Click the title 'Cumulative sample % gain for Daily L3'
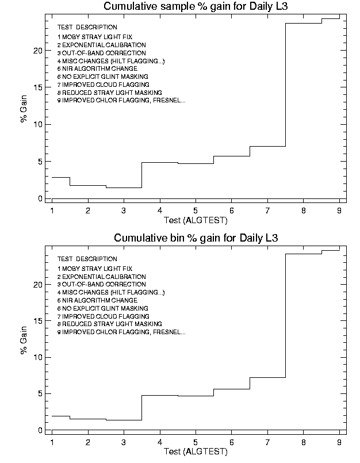coord(195,7)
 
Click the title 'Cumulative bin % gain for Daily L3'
coord(196,238)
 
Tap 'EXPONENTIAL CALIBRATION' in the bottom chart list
coord(94,277)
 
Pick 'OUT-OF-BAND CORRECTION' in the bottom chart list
coord(94,285)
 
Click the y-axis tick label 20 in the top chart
coord(38,51)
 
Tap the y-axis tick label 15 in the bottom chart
coord(38,321)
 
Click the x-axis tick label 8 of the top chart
coord(303,211)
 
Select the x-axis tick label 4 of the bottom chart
coord(160,442)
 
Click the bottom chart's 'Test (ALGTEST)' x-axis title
coord(196,451)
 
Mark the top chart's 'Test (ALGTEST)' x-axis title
coord(196,220)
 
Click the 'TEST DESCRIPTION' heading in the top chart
coord(87,27)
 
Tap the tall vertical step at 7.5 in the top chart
coord(286,86)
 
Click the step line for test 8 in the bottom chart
coord(304,254)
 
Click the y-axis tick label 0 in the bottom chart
coord(40,430)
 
